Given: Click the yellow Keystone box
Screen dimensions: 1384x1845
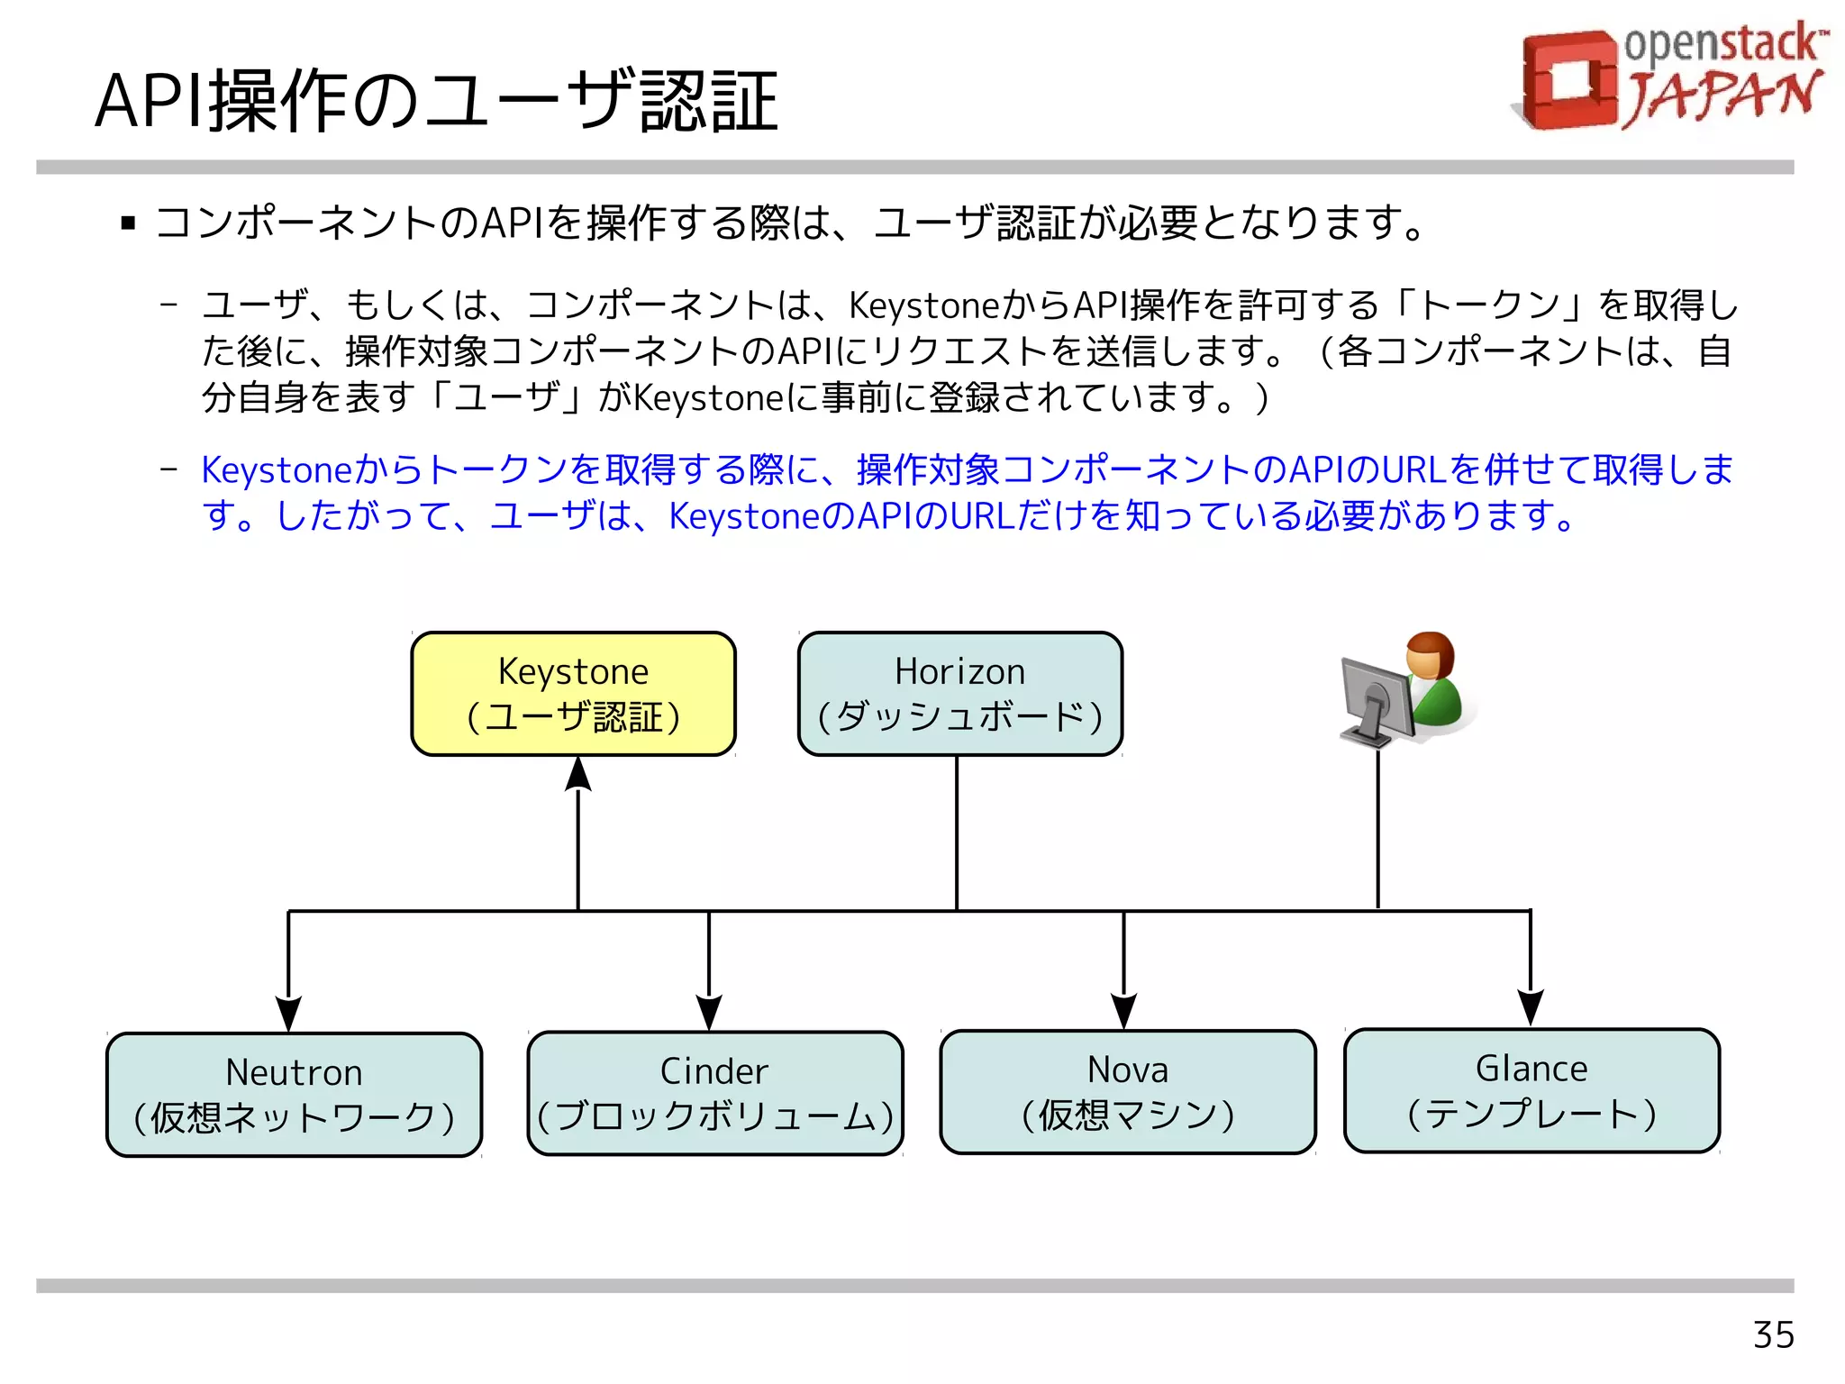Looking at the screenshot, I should (573, 694).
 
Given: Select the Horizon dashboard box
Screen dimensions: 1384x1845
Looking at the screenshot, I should (959, 694).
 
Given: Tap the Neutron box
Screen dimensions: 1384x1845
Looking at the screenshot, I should (294, 1094).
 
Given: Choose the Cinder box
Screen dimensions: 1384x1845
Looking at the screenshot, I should (714, 1093).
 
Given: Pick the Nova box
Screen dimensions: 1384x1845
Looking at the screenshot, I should (1127, 1091).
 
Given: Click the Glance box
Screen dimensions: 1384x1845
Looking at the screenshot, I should (1531, 1089).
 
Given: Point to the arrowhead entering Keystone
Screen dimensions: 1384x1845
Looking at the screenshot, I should (577, 775).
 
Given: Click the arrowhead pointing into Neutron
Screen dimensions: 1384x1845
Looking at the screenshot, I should (288, 1013).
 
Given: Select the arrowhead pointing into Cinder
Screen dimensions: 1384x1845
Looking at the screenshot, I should (709, 1012).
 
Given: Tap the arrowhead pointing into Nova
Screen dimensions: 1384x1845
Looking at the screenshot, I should (1123, 1010).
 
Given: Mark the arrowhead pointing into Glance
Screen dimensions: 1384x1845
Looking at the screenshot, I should (1531, 1007).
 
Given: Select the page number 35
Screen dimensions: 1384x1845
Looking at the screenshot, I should (1773, 1334).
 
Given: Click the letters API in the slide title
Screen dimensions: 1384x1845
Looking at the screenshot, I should (150, 102).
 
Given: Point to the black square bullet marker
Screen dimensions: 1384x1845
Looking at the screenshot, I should (128, 223).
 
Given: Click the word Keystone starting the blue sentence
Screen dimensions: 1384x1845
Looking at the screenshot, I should (276, 470).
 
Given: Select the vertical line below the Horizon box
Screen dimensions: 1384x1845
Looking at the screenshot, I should (957, 833).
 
